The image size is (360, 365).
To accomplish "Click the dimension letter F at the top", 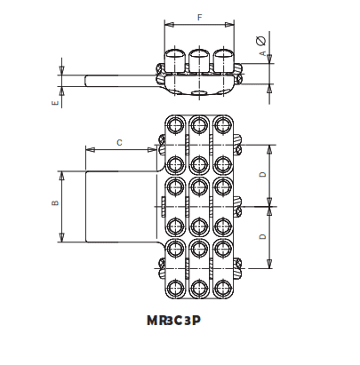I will point(198,17).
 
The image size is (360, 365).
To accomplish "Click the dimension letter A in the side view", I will point(262,54).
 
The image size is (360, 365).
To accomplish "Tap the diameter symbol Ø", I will point(262,39).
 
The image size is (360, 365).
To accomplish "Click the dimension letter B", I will point(55,204).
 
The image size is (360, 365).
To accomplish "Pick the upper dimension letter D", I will point(262,174).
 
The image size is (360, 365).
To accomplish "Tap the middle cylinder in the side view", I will point(199,60).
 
